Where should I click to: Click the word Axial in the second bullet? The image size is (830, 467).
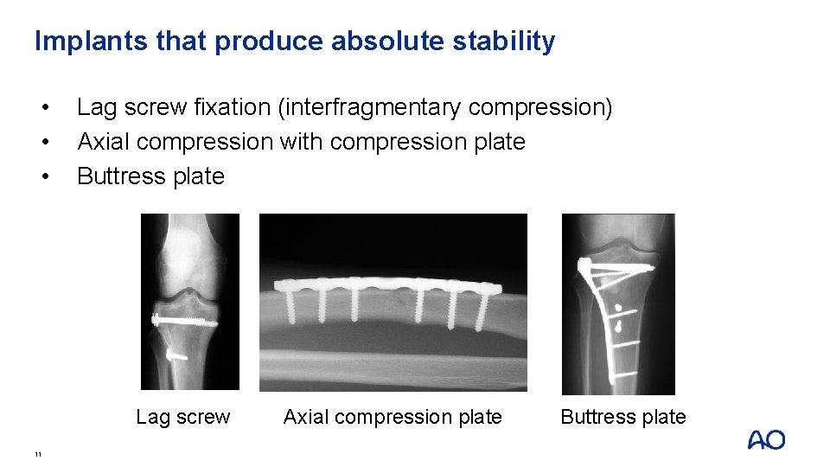[104, 142]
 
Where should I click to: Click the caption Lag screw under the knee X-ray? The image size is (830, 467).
[183, 417]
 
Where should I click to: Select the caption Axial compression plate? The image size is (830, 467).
[393, 417]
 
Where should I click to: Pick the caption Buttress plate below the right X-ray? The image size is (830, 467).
[623, 417]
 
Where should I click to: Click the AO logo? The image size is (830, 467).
[766, 440]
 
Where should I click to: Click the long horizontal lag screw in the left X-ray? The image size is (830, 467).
[183, 320]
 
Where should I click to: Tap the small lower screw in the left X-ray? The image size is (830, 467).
[176, 354]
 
